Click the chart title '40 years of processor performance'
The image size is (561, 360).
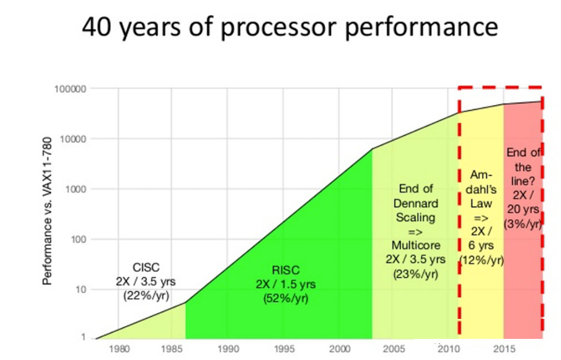(x=289, y=27)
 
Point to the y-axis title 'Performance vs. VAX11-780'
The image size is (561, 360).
(x=48, y=211)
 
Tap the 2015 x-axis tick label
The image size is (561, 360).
(x=503, y=350)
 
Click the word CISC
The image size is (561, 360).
(x=146, y=268)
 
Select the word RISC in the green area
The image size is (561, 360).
(x=286, y=271)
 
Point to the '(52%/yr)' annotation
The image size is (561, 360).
(x=286, y=298)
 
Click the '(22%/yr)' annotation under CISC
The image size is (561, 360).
(x=146, y=295)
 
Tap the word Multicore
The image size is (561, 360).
(x=415, y=246)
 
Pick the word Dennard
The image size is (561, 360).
(x=415, y=203)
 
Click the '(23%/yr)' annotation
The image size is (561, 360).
(x=415, y=274)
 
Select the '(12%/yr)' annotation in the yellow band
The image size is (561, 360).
(x=482, y=259)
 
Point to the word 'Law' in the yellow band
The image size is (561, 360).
(x=481, y=203)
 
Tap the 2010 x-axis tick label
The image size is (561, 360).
(x=448, y=350)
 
